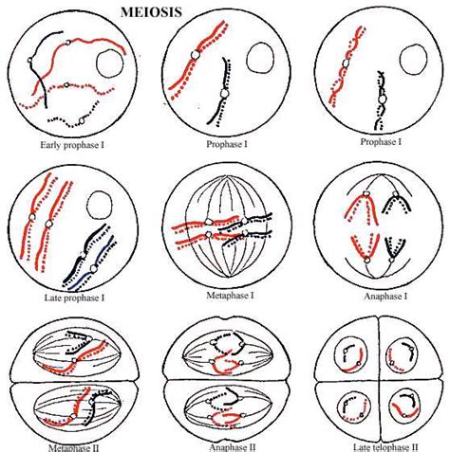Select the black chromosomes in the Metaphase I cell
click(x=253, y=226)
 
